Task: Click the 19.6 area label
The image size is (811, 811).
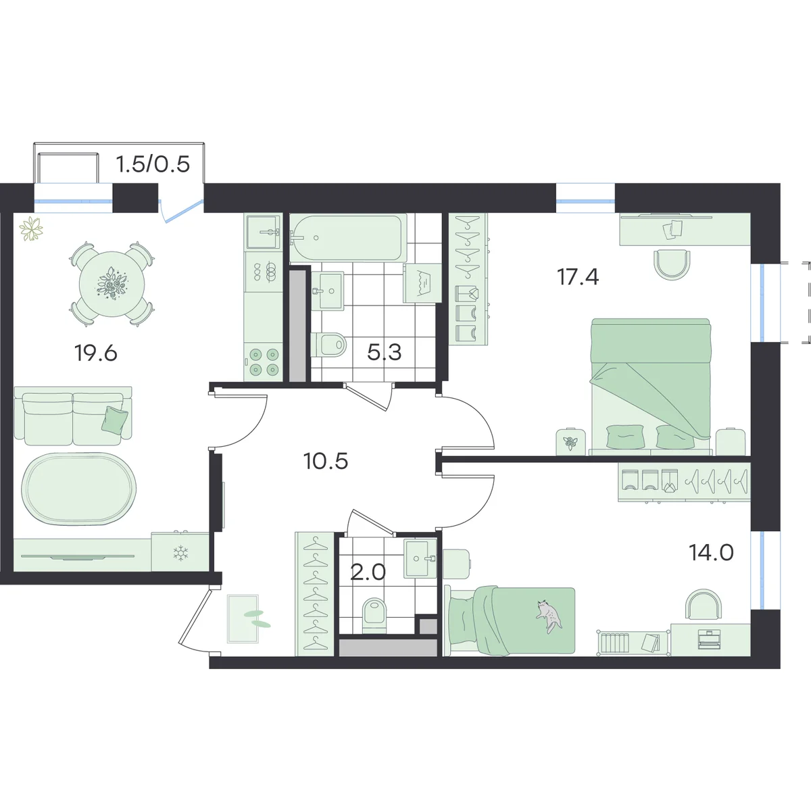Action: pos(95,353)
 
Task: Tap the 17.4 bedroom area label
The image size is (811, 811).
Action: pos(577,277)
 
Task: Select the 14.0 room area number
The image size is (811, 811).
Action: pos(711,553)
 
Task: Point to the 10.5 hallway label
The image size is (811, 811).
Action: pos(325,462)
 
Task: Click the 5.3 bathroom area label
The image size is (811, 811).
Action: pos(385,352)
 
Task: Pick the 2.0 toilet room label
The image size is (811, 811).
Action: pos(368,572)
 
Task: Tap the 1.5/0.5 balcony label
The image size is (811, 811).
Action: pos(153,164)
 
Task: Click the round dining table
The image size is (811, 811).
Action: pos(112,285)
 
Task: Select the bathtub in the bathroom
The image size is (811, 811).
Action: pos(347,238)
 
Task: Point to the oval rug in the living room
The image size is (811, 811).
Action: pos(79,489)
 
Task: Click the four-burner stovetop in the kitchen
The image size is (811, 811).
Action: pos(264,362)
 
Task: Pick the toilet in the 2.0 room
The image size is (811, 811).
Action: pos(374,617)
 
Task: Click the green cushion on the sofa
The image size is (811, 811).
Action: pos(114,420)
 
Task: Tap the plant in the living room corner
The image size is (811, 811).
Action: pos(32,229)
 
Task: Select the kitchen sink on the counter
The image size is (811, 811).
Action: pos(264,232)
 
